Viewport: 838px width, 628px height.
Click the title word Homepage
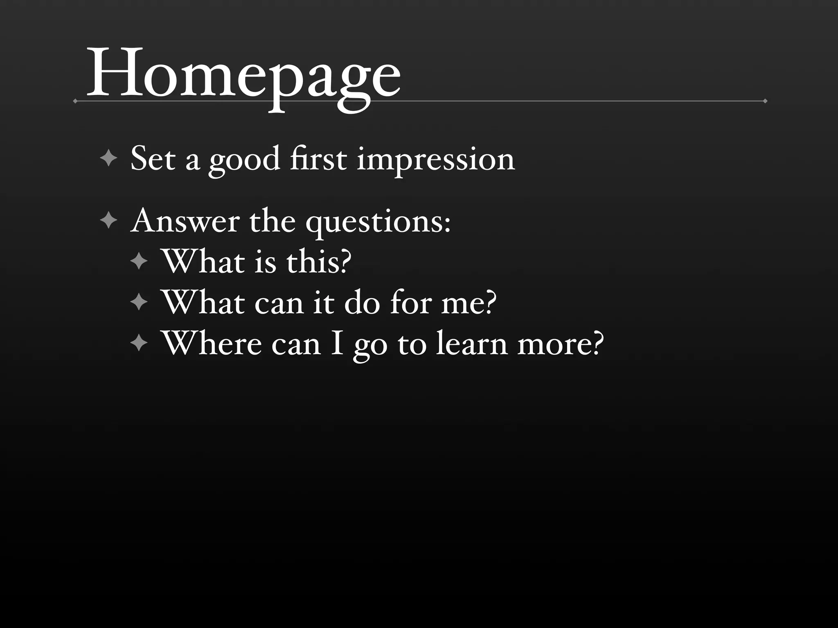(243, 76)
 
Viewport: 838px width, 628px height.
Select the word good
(244, 160)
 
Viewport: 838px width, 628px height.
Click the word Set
(153, 159)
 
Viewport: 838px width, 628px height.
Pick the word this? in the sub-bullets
(319, 262)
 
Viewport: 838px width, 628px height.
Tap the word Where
(211, 344)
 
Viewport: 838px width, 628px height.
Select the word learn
(471, 344)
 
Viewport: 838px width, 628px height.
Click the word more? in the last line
(561, 345)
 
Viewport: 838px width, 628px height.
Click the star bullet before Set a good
(108, 158)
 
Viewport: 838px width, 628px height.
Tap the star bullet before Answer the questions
(108, 221)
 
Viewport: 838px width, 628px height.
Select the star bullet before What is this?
(139, 261)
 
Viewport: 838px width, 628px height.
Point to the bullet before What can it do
(139, 303)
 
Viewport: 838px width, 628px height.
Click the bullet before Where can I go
(139, 343)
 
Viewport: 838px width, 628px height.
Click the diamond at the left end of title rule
(75, 101)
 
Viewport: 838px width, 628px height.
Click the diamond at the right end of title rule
(765, 101)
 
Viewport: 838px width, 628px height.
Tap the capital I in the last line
(337, 344)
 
